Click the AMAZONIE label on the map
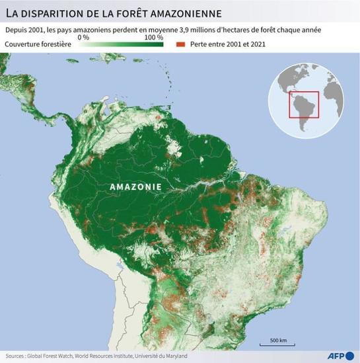pyautogui.click(x=135, y=187)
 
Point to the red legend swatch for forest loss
pyautogui.click(x=180, y=44)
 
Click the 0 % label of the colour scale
pyautogui.click(x=84, y=38)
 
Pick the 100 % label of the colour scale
pyautogui.click(x=153, y=38)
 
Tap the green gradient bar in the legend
pyautogui.click(x=119, y=44)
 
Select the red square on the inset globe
pyautogui.click(x=304, y=105)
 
